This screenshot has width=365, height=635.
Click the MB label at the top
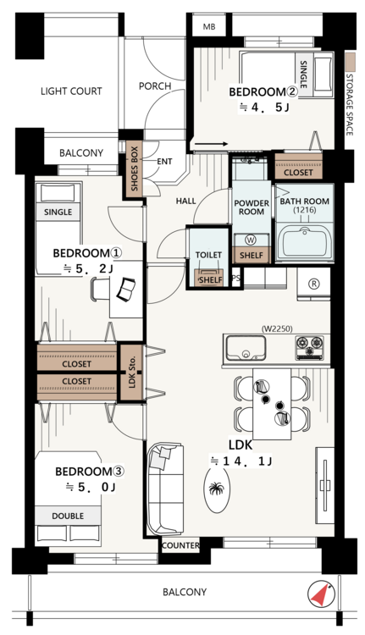tap(209, 27)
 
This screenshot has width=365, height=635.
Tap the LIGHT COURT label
tap(71, 91)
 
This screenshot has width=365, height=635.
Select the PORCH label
tap(155, 86)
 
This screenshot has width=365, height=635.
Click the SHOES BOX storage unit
tap(135, 168)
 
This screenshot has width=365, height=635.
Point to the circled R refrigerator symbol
tap(313, 284)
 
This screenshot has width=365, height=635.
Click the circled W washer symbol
tap(252, 240)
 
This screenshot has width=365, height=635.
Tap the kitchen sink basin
tap(246, 348)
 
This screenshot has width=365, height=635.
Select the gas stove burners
tap(309, 347)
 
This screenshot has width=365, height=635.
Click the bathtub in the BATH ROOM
tap(304, 242)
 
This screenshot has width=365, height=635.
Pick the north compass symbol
tap(321, 594)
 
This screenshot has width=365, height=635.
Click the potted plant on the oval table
tap(216, 489)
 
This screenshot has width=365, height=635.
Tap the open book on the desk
tap(126, 290)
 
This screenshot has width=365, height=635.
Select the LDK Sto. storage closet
tap(131, 373)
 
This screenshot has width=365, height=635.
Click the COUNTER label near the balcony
tap(180, 545)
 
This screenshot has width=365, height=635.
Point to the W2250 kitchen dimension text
tap(277, 329)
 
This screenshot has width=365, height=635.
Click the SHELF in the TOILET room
tap(211, 279)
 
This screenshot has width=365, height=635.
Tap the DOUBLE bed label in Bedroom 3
tap(68, 516)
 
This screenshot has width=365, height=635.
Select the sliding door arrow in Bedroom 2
tap(211, 144)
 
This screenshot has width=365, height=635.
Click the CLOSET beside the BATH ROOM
tap(299, 167)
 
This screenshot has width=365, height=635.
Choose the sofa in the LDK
tap(164, 489)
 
